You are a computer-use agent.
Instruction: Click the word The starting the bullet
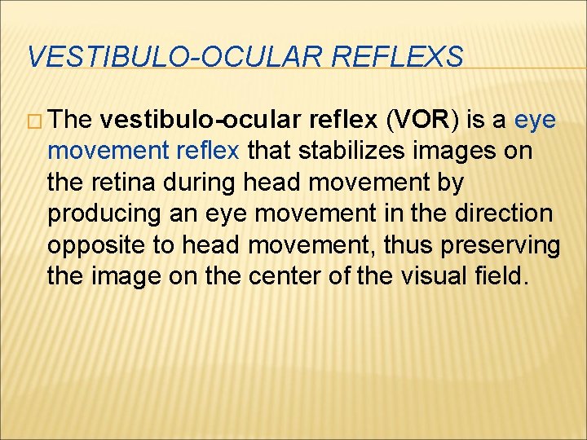71,121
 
